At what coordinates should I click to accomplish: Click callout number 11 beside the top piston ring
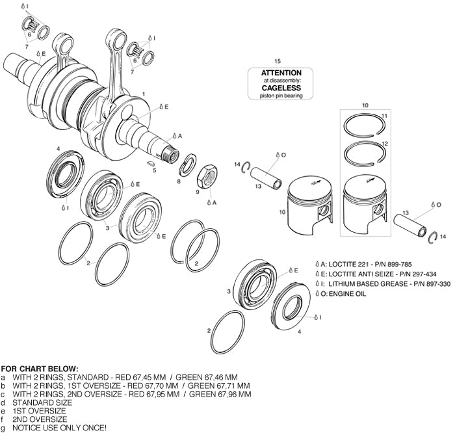point(383,116)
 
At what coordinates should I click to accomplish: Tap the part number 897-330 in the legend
point(421,283)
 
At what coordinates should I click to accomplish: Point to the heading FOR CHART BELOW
point(40,369)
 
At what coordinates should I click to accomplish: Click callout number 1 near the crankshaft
point(142,95)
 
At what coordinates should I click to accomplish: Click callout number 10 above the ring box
point(365,105)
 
